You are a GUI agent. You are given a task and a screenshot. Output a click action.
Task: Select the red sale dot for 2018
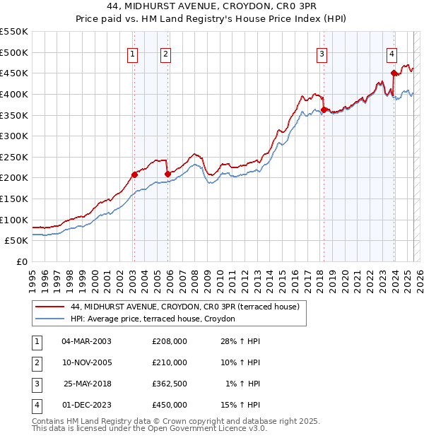[x=324, y=109]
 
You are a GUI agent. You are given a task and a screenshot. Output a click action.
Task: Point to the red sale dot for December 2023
[x=394, y=73]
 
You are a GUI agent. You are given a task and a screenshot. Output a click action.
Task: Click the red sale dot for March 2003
[x=134, y=174]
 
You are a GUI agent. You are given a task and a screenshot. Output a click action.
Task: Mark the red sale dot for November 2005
[x=167, y=173]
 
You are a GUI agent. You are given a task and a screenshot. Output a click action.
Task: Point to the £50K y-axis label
[x=17, y=241]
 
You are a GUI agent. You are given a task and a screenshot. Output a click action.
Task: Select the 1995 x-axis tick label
[x=33, y=275]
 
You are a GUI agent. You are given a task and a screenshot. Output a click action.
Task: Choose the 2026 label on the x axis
[x=419, y=275]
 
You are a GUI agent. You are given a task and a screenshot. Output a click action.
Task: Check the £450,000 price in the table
[x=170, y=405]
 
